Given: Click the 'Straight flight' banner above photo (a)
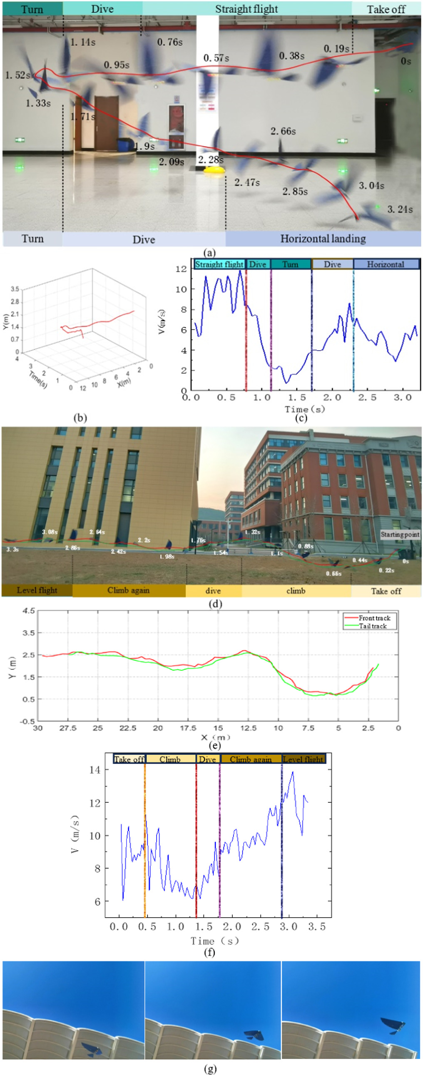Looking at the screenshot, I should (x=246, y=9).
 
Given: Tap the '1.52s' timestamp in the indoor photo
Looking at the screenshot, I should (x=17, y=75).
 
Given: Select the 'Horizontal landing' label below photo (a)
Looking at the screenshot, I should (x=323, y=238).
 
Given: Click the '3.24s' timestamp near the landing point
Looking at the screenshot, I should (x=400, y=209).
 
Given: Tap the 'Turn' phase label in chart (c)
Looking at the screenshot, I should (x=290, y=264).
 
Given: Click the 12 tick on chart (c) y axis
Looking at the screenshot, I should (x=181, y=269).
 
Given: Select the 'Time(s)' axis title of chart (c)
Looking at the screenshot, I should (x=304, y=409).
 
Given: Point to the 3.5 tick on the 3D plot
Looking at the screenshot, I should (x=15, y=289).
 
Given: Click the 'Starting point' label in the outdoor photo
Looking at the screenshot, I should (x=400, y=534).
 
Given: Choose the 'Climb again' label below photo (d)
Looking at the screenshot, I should (x=128, y=590).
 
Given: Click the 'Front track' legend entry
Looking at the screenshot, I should (x=374, y=617).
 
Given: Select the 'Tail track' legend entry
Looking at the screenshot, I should (x=373, y=625).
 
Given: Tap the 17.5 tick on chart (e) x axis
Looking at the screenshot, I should (x=188, y=728).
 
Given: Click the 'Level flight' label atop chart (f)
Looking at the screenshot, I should (x=303, y=759).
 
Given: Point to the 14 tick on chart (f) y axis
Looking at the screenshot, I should (x=95, y=769).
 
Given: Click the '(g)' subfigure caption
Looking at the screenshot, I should (x=210, y=1068).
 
